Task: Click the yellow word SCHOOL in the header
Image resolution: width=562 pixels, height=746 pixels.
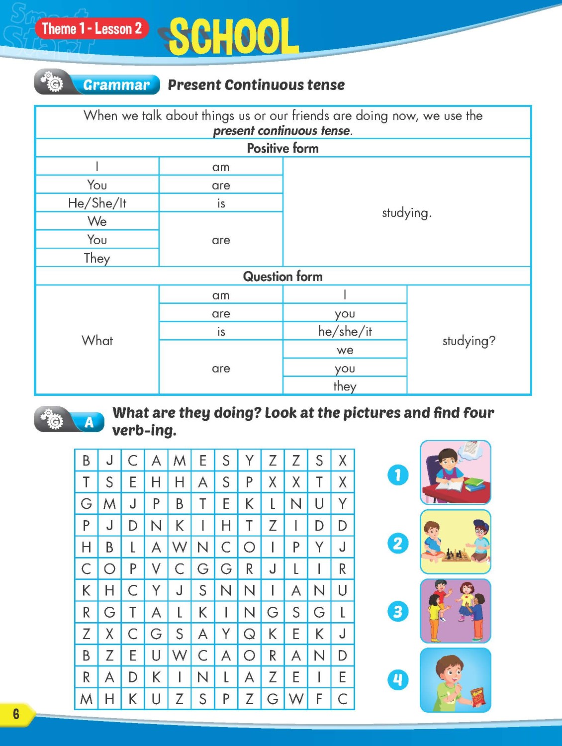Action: point(234,36)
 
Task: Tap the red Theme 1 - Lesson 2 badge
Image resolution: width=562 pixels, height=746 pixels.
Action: point(92,29)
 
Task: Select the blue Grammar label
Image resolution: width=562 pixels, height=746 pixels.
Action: point(116,85)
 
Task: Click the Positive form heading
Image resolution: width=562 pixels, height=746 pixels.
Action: point(282,148)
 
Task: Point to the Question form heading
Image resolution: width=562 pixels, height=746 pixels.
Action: point(282,277)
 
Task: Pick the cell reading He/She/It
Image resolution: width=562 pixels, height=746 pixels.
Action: point(97,203)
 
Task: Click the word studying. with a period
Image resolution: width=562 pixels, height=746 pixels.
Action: point(406,213)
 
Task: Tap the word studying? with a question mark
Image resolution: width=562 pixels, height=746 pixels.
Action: point(468,341)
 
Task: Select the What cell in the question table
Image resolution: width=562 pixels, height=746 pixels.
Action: point(97,341)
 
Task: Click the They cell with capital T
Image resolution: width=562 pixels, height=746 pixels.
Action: point(97,258)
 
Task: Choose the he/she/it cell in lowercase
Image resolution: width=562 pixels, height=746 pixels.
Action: point(345,331)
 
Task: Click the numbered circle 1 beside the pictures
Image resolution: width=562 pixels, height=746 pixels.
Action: point(398,475)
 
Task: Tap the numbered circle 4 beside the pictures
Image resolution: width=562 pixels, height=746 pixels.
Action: point(398,680)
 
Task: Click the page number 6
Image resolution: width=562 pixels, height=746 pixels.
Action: point(16,714)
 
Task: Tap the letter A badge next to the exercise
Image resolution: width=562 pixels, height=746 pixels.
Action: point(89,422)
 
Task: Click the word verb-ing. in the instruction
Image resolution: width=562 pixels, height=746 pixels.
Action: point(144,430)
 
